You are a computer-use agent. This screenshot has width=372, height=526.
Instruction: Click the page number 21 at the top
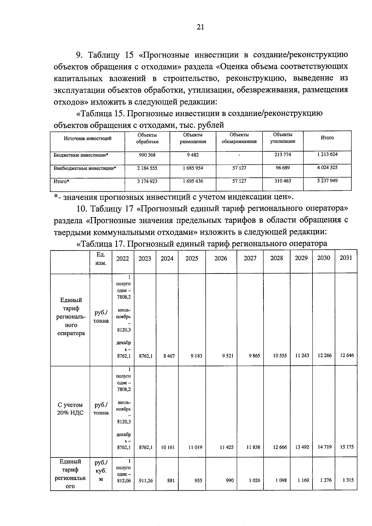200,27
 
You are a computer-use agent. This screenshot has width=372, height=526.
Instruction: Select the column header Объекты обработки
147,138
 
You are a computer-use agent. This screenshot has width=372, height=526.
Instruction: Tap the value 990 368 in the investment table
147,154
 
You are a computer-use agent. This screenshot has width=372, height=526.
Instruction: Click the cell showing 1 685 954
193,168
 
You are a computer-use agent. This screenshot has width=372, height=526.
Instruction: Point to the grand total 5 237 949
327,181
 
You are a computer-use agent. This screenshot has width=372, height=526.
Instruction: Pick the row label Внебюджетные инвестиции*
85,168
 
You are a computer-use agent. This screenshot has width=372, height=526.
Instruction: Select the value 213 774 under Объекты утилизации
283,154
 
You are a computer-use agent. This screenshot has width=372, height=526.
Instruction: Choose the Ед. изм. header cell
101,259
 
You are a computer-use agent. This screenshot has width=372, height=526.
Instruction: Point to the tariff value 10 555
277,356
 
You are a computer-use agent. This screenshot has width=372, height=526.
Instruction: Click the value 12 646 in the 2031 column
347,355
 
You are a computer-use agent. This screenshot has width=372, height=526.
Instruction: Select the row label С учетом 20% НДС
70,409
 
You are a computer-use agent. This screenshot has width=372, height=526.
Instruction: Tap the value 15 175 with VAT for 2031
347,447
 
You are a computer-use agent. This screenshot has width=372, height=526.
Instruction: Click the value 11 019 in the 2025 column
195,447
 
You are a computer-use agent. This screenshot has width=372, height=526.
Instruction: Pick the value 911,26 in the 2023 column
145,480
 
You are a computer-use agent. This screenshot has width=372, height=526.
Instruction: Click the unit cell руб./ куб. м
101,471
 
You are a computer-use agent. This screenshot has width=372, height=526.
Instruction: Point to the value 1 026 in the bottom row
254,480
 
